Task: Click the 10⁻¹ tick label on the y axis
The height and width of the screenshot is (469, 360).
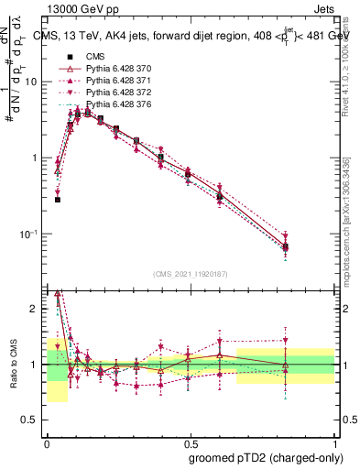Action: coord(32,234)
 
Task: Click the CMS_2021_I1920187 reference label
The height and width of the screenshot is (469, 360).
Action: coord(191,275)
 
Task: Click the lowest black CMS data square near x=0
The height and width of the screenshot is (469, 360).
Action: coord(57,199)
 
